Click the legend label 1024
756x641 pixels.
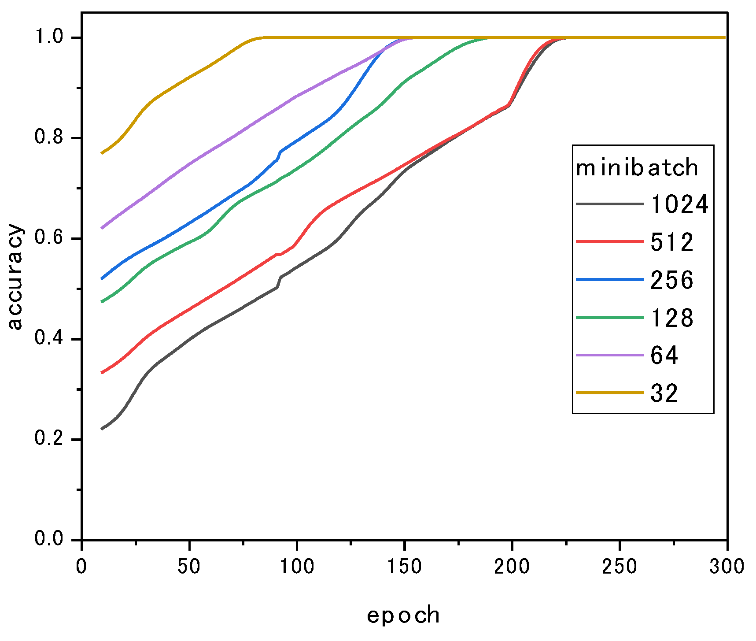tap(679, 204)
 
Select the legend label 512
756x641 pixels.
tap(672, 242)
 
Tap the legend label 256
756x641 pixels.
tap(672, 280)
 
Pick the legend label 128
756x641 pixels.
tap(672, 318)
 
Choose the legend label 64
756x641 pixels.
tap(664, 355)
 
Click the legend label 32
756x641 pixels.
tap(664, 393)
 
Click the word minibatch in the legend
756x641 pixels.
tap(637, 168)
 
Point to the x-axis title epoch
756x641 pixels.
tap(403, 615)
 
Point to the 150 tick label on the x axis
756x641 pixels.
tap(404, 566)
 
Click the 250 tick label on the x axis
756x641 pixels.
tap(620, 566)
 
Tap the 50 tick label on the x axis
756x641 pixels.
tap(189, 566)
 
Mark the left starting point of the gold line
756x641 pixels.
tap(102, 153)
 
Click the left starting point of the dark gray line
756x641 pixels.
tap(102, 428)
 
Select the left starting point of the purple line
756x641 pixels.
tap(102, 228)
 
